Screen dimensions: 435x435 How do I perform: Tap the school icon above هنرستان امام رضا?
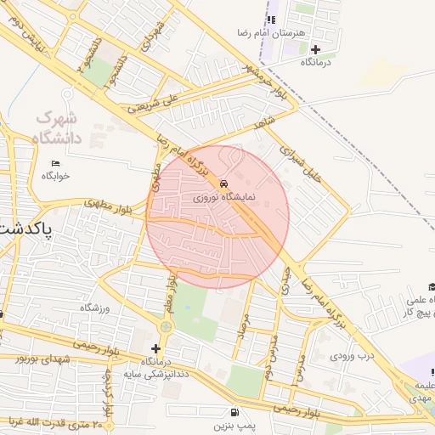(271, 20)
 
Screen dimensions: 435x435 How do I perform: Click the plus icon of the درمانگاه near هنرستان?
(316, 49)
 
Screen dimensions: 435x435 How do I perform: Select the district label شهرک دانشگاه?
(58, 127)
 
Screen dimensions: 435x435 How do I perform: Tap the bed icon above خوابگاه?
(56, 162)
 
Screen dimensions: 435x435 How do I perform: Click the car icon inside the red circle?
(223, 184)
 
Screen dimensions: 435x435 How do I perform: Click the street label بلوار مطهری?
(105, 204)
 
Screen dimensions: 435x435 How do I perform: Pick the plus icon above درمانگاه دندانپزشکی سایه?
(155, 348)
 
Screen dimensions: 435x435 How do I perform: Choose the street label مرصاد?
(242, 326)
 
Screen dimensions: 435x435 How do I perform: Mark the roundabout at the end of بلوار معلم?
(166, 326)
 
